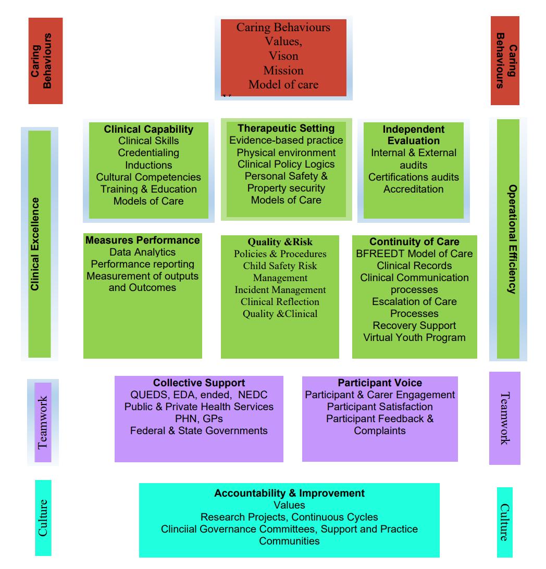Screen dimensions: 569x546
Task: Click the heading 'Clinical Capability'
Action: (148, 129)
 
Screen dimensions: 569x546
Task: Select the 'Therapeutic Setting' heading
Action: (286, 128)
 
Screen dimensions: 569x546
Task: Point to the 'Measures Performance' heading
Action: (143, 240)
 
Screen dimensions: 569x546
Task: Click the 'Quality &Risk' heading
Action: (280, 242)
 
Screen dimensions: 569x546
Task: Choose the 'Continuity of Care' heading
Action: (414, 242)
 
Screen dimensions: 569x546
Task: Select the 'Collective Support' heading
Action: (199, 383)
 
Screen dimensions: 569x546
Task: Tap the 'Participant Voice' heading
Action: (380, 383)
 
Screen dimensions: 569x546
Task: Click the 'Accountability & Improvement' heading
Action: (289, 493)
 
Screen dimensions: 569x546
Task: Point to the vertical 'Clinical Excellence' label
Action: (35, 244)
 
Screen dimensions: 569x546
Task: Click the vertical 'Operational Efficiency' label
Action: (512, 239)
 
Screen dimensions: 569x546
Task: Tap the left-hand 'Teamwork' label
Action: (43, 422)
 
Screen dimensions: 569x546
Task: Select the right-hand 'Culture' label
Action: (504, 522)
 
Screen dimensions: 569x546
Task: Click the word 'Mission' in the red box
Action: (283, 70)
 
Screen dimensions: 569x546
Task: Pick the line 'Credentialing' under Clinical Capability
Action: (148, 153)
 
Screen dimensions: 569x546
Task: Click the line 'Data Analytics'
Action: (142, 252)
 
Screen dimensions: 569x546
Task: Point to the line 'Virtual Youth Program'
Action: (414, 337)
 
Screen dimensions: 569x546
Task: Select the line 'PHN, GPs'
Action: (199, 419)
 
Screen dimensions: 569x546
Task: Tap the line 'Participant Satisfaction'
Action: (380, 407)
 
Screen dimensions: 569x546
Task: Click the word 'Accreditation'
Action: (414, 189)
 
